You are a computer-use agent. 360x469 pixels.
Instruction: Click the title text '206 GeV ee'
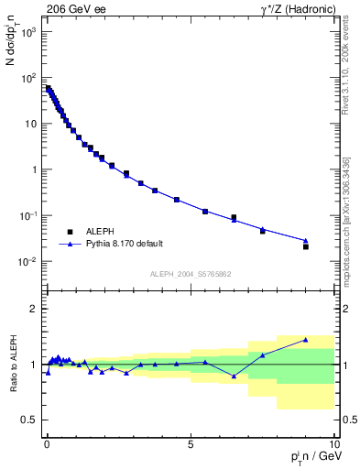pyautogui.click(x=73, y=8)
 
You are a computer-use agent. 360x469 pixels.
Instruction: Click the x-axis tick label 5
pyautogui.click(x=190, y=442)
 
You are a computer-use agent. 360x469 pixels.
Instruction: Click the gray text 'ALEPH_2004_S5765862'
pyautogui.click(x=190, y=274)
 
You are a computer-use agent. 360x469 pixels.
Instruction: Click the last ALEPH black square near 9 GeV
pyautogui.click(x=306, y=246)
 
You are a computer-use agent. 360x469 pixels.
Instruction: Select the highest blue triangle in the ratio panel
pyautogui.click(x=306, y=340)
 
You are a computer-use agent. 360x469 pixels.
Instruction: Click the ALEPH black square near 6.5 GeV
pyautogui.click(x=234, y=218)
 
